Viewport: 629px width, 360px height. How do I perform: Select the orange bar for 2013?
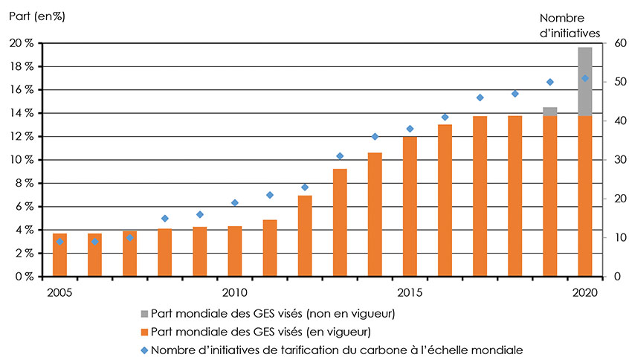[x=340, y=223]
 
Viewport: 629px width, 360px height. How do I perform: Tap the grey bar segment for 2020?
[x=585, y=81]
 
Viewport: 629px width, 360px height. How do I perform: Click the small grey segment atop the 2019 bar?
[x=550, y=111]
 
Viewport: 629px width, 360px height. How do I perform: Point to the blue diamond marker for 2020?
[x=585, y=78]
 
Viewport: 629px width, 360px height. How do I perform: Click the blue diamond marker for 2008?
[x=165, y=218]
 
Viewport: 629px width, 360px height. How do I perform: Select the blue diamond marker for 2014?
[x=375, y=136]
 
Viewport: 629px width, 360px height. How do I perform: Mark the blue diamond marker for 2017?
[x=480, y=97]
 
